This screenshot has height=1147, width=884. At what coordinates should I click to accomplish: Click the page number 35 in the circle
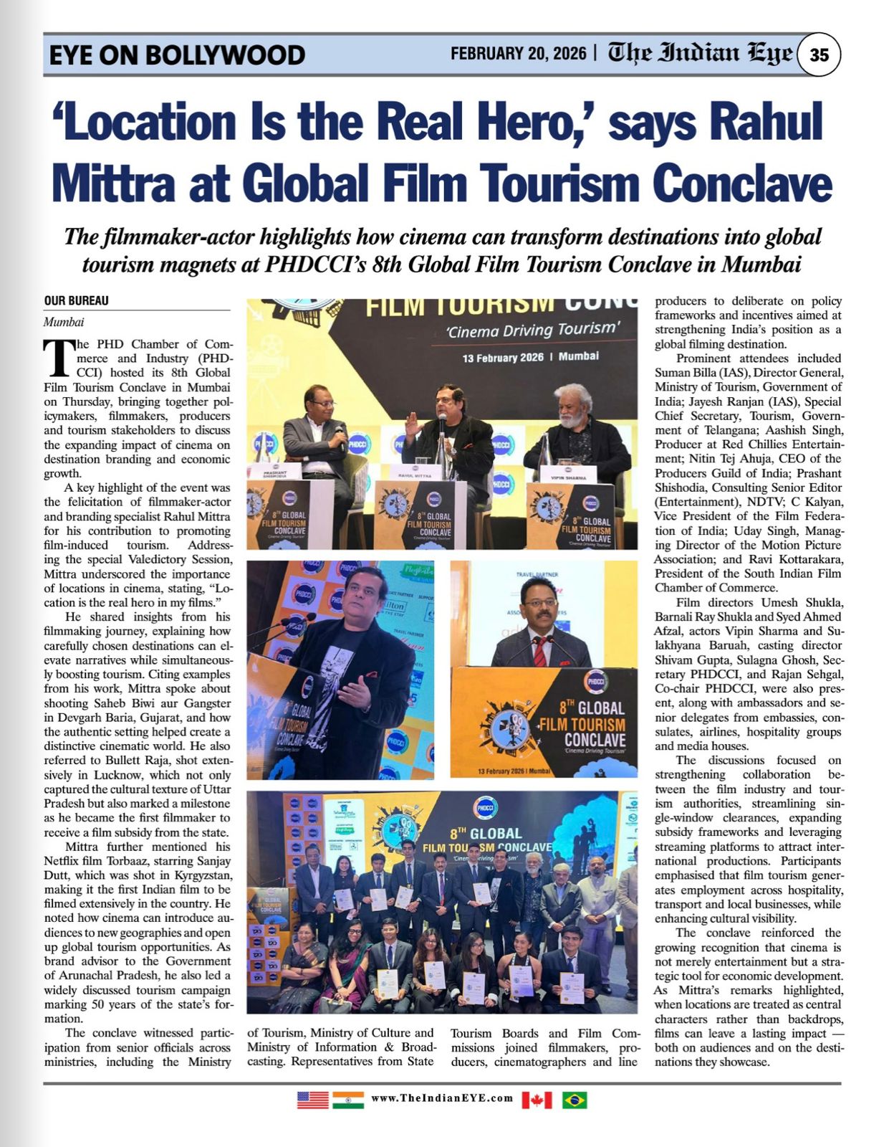(x=819, y=54)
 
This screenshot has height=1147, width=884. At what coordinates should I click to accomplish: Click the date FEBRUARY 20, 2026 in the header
(x=518, y=54)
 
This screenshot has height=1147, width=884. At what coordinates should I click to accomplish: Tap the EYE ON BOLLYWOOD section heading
(x=177, y=55)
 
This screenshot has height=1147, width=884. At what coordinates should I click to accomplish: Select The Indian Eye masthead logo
(x=700, y=54)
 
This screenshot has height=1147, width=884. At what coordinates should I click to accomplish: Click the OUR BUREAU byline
(x=77, y=301)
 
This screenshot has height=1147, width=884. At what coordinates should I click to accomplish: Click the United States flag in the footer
(x=312, y=1099)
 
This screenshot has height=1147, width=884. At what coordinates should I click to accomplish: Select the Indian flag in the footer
(x=348, y=1099)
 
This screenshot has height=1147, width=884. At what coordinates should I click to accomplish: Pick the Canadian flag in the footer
(x=537, y=1099)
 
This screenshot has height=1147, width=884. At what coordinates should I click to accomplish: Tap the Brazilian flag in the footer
(x=575, y=1099)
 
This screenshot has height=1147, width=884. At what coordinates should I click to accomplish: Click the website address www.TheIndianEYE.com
(x=442, y=1098)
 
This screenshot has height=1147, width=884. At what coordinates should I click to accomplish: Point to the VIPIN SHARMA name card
(x=568, y=477)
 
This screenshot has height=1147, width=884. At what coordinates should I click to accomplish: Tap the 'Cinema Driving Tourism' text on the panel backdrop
(x=532, y=330)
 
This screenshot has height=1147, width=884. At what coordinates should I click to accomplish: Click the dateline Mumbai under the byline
(x=64, y=323)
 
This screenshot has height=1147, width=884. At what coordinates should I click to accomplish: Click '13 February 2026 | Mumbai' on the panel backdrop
(x=530, y=357)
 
